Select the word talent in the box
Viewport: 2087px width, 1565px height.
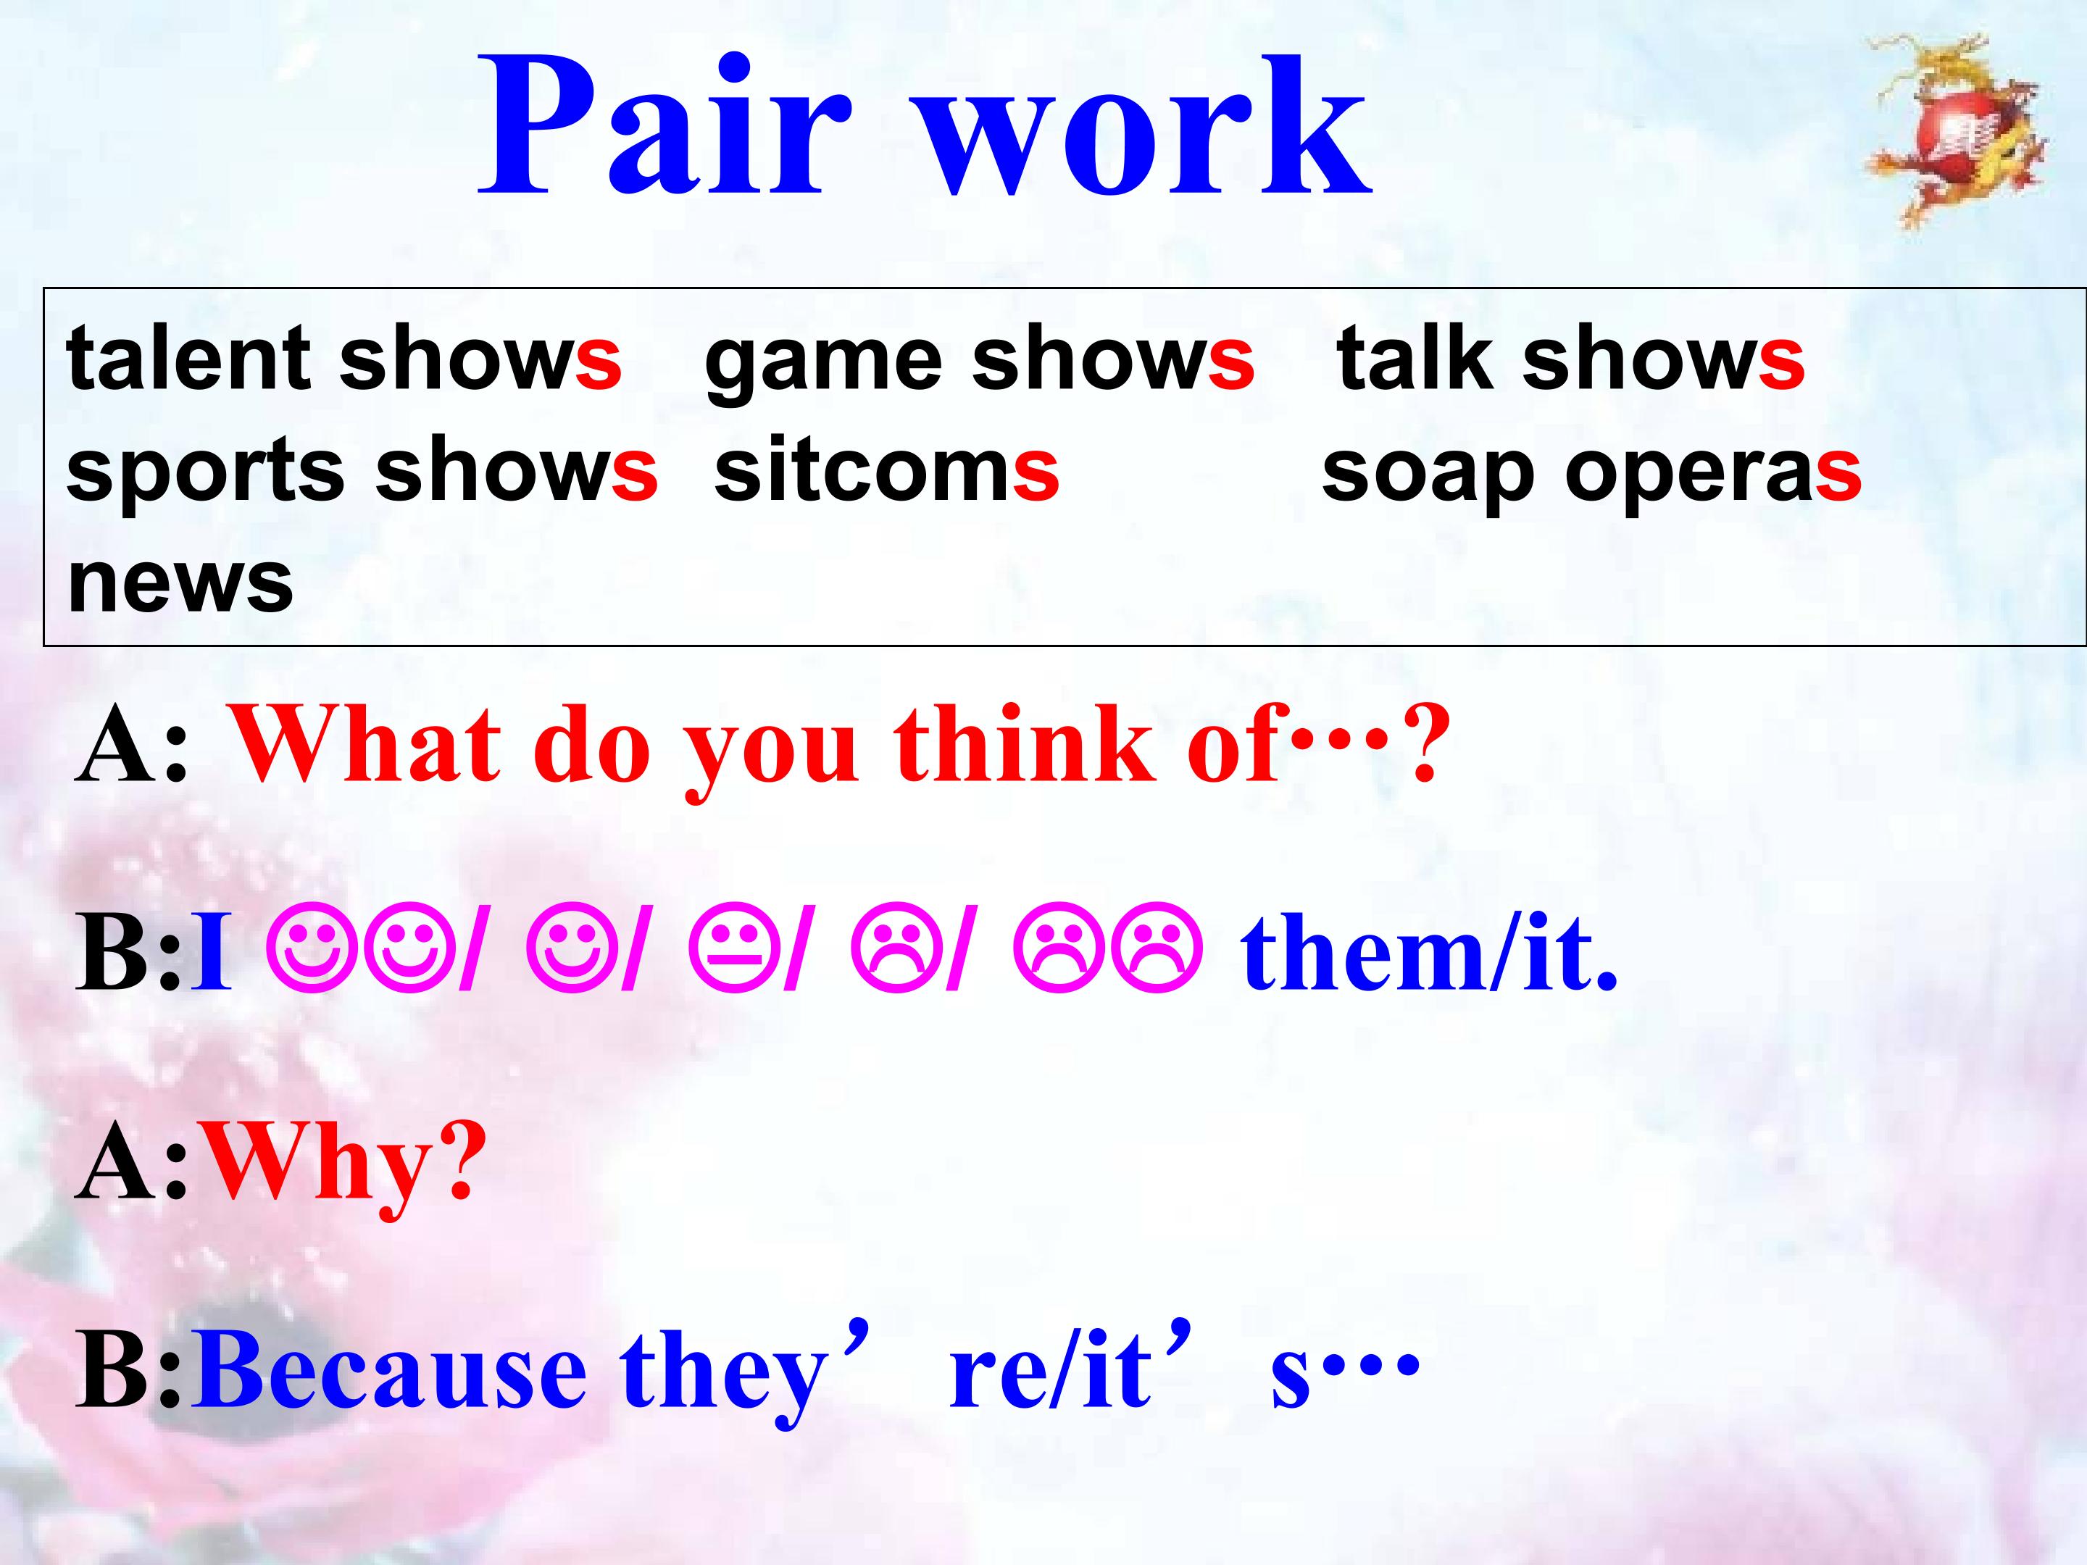pos(188,359)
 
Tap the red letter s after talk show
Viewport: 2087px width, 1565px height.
pos(1780,359)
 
